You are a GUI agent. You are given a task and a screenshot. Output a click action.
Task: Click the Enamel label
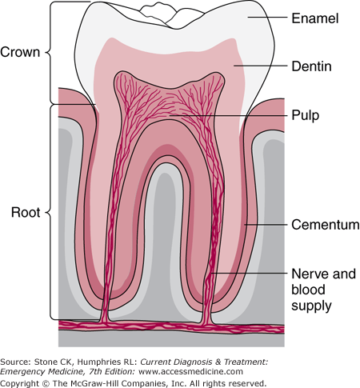click(315, 18)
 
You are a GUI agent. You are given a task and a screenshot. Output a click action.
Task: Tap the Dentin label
click(311, 66)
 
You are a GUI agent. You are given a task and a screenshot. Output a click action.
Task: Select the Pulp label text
click(306, 115)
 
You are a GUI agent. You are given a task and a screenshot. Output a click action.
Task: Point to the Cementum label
click(326, 225)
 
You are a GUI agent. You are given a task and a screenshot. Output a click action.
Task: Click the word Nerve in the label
click(310, 274)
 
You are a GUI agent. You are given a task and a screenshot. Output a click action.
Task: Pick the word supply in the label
click(311, 306)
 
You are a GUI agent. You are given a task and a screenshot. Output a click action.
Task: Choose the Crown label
click(20, 52)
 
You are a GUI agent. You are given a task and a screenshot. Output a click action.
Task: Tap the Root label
click(26, 213)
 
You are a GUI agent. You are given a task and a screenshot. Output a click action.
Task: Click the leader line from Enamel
click(267, 18)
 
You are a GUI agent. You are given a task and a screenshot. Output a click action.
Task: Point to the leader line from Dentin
click(261, 65)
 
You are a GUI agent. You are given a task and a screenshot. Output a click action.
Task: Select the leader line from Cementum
click(266, 225)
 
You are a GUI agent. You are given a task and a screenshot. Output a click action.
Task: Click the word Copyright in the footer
click(19, 383)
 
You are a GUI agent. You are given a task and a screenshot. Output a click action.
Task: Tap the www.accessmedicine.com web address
click(191, 371)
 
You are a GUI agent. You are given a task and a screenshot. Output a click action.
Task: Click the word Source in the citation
click(16, 362)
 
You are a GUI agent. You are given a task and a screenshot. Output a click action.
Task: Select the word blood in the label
click(308, 290)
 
